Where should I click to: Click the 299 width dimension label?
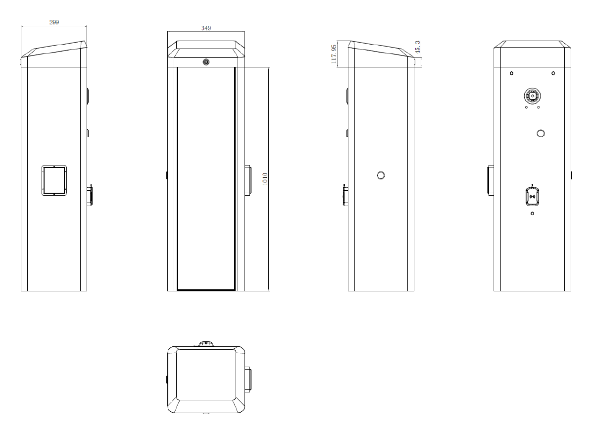(54, 22)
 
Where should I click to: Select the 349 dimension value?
(206, 28)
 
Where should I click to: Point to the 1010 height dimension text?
(265, 179)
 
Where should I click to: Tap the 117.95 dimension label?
(334, 54)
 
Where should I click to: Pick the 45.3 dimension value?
(417, 47)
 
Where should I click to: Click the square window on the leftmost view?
(54, 180)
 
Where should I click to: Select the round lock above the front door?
(206, 62)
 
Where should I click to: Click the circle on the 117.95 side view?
(381, 175)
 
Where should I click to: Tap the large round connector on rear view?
(532, 96)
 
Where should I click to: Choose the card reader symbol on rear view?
(532, 197)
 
